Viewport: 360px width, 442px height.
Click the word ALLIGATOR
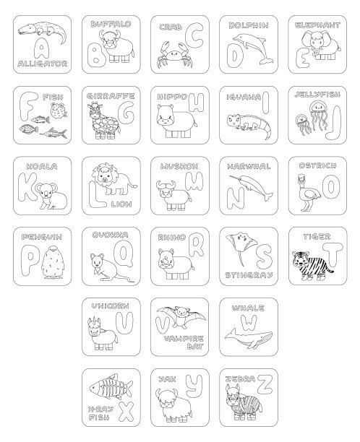[x=43, y=64]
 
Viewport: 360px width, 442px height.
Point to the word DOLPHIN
[x=249, y=25]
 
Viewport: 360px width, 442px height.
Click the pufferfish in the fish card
[x=59, y=110]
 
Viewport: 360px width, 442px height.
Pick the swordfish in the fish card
[x=53, y=133]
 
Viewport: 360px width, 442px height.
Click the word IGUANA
[x=244, y=97]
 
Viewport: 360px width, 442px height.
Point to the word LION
[x=121, y=204]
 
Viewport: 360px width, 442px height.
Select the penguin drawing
[x=53, y=262]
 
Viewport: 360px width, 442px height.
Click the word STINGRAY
[x=249, y=275]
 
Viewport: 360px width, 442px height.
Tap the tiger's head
[x=301, y=259]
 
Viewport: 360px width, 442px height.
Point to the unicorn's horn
[x=92, y=321]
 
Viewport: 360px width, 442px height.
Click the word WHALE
[x=248, y=308]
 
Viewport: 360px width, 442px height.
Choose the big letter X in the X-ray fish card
[x=126, y=411]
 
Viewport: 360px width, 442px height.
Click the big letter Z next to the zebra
[x=265, y=384]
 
